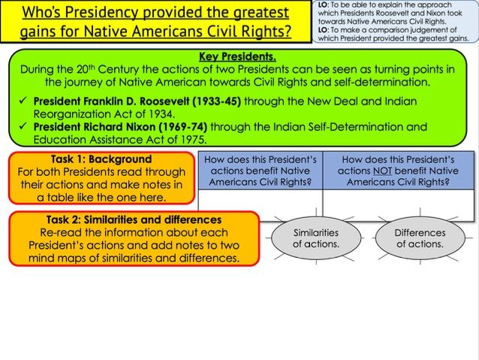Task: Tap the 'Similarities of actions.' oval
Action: [x=316, y=238]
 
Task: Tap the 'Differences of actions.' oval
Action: [x=420, y=238]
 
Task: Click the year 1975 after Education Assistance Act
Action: [x=191, y=140]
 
